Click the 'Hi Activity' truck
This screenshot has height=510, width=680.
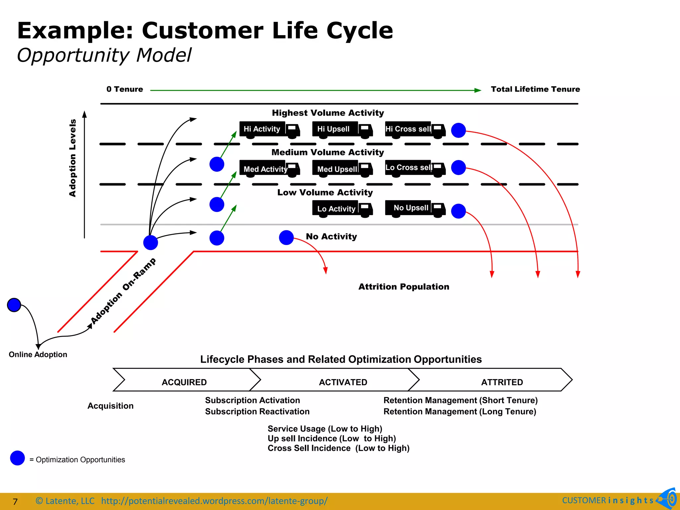click(269, 129)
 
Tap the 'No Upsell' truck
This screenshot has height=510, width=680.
click(415, 208)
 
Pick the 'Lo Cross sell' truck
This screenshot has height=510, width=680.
click(415, 168)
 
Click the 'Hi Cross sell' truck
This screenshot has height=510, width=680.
click(415, 129)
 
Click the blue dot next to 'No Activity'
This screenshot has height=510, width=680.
click(286, 238)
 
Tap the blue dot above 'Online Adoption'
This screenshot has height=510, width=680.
click(14, 305)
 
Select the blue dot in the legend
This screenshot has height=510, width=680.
click(18, 458)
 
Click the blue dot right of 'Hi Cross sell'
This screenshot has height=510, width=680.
click(459, 130)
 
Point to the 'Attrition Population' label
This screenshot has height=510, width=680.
click(404, 287)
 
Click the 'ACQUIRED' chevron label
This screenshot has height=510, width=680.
click(184, 382)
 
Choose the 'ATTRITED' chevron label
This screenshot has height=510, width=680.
click(502, 382)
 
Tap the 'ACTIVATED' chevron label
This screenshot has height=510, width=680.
click(343, 382)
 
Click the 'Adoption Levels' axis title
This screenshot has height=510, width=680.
click(72, 158)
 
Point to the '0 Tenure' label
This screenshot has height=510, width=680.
click(125, 89)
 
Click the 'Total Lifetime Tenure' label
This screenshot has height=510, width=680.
click(535, 89)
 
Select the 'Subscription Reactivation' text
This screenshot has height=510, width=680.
click(257, 412)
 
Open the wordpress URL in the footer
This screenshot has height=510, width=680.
click(214, 501)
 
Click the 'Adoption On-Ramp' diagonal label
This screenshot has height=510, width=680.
click(123, 291)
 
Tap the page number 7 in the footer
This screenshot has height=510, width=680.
click(15, 501)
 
